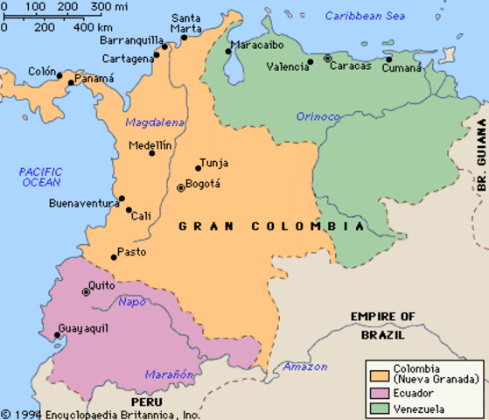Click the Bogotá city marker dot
[181, 187]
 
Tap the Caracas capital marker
[327, 59]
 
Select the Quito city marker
[86, 291]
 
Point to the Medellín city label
[150, 145]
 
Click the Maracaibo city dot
[228, 52]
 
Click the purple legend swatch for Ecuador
[379, 394]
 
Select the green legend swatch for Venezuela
[379, 408]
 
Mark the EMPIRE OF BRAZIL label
[382, 324]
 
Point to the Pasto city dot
[113, 256]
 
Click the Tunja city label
[214, 163]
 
